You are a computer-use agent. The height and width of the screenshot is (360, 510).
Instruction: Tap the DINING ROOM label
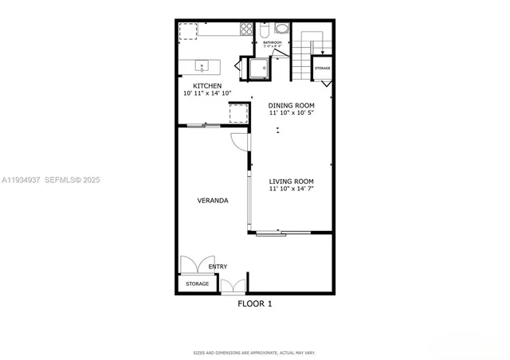[x=291, y=105]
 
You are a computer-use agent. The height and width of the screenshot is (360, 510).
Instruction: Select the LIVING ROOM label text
[x=291, y=181]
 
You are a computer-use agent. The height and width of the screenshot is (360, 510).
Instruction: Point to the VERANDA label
[x=213, y=201]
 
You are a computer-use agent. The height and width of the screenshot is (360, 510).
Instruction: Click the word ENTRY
[x=218, y=267]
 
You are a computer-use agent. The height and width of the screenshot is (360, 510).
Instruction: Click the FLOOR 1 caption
[x=255, y=303]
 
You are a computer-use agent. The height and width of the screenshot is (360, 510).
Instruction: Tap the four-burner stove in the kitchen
[x=245, y=30]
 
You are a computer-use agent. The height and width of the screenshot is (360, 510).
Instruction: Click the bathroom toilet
[x=265, y=31]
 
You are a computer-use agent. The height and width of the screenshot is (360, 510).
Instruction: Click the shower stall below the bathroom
[x=257, y=68]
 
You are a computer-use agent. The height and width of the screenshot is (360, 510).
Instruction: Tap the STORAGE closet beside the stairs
[x=322, y=68]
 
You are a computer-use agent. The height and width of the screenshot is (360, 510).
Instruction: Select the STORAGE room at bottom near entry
[x=197, y=284]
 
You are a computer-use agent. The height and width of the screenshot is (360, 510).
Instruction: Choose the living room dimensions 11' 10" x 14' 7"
[x=291, y=189]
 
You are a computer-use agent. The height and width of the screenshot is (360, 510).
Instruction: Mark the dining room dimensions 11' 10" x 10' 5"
[x=291, y=113]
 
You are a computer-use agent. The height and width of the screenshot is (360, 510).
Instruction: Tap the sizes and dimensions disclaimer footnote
[x=255, y=352]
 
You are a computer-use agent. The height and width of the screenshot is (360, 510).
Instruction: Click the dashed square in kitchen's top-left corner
[x=188, y=30]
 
